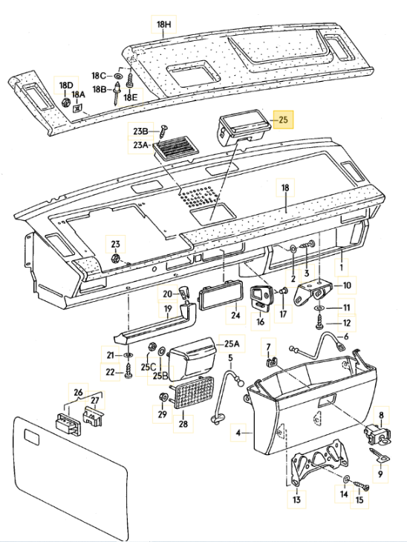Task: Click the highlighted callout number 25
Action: coord(283,120)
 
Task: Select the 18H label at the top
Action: coord(163,25)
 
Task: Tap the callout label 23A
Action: coord(140,145)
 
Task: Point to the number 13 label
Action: coord(296,500)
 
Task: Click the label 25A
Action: coord(232,344)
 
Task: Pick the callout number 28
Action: coord(183,424)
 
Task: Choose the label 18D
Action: coord(66,85)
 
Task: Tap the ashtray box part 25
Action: coord(243,129)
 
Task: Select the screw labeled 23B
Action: coord(164,130)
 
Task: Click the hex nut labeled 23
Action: coord(116,258)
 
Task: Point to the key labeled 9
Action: coord(379,455)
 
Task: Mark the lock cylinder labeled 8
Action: coord(377,434)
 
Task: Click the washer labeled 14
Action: coord(345,480)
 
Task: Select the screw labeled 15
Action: coord(361,485)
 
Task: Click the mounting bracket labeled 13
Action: coord(319,463)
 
